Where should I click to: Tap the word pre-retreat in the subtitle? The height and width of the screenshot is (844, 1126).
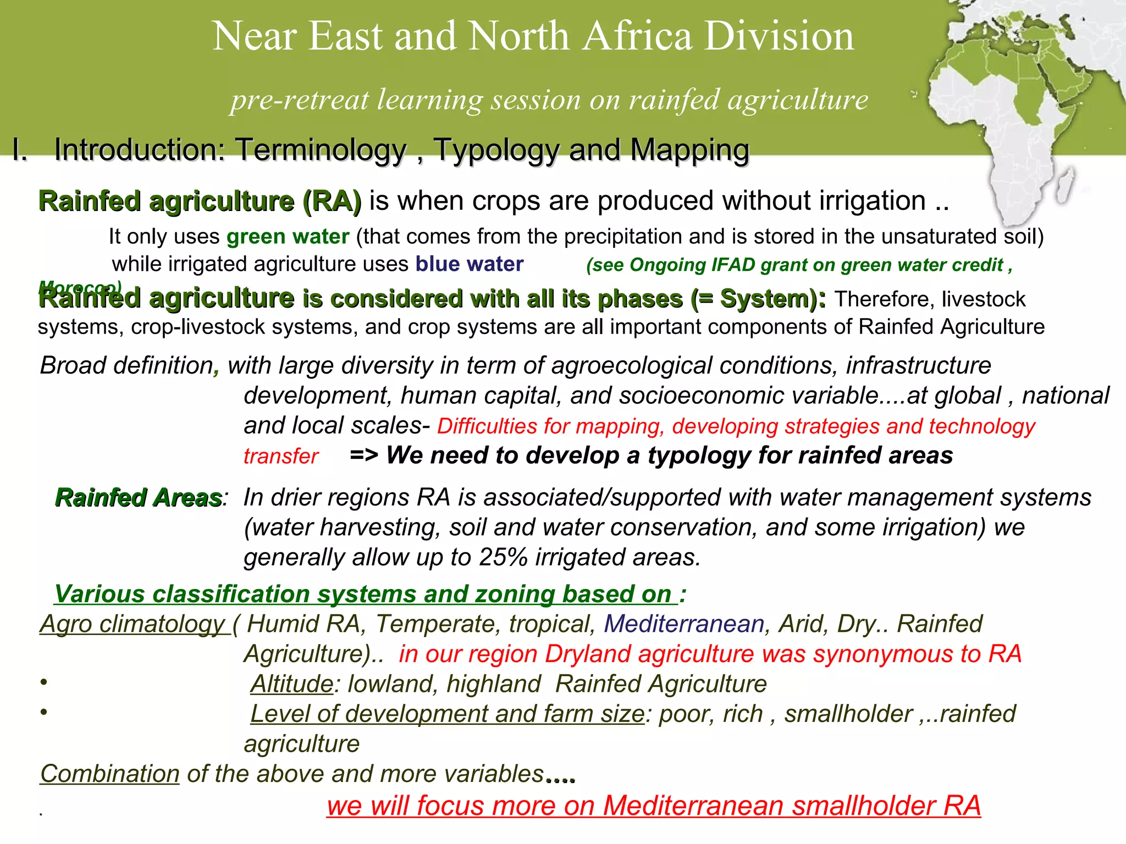coord(300,100)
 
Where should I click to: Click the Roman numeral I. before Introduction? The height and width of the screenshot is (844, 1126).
coord(20,150)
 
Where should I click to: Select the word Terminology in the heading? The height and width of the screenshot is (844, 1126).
coord(321,150)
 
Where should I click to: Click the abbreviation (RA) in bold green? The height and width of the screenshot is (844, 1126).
coord(332,201)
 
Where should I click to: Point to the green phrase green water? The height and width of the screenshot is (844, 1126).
coord(288,237)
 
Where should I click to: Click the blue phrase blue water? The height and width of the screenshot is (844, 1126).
coord(469,264)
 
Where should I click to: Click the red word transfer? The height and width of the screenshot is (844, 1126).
coord(281,456)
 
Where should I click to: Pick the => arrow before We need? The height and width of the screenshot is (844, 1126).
coord(363,456)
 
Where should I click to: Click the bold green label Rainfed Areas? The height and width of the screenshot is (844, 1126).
coord(138,498)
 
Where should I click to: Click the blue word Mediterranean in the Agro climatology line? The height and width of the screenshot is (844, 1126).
coord(684,624)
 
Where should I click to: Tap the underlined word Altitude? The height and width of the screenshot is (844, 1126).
coord(291,684)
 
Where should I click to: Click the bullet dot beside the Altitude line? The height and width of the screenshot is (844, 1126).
coord(43,682)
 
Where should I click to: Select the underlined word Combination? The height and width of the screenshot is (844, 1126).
coord(110,774)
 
